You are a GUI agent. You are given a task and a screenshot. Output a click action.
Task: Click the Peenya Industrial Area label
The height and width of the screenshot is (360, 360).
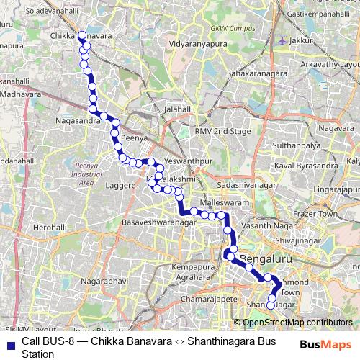pos(86,174)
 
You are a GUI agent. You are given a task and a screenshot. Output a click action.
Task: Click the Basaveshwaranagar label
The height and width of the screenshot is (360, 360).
pos(159,222)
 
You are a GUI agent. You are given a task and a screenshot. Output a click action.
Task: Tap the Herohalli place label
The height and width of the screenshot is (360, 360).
pos(50,227)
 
